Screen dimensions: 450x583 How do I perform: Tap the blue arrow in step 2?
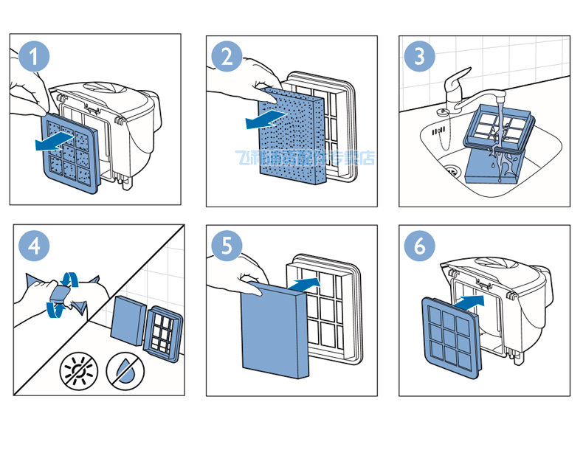pos(264,117)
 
